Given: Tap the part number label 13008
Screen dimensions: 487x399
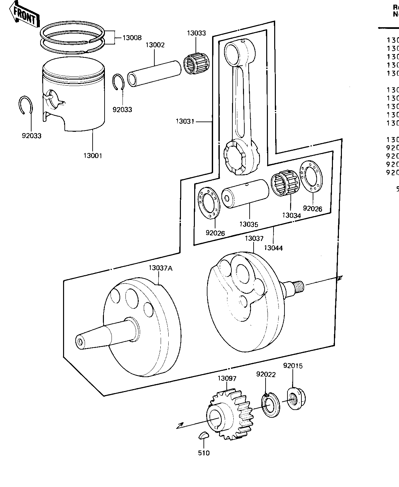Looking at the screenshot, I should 132,38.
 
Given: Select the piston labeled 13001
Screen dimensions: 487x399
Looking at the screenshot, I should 74,96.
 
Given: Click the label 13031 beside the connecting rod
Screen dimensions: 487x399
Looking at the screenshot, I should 185,122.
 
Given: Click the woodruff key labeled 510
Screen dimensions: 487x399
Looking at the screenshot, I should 203,436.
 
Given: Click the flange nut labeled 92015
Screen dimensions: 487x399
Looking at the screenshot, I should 295,398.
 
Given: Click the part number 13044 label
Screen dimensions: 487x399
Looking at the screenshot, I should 274,248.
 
